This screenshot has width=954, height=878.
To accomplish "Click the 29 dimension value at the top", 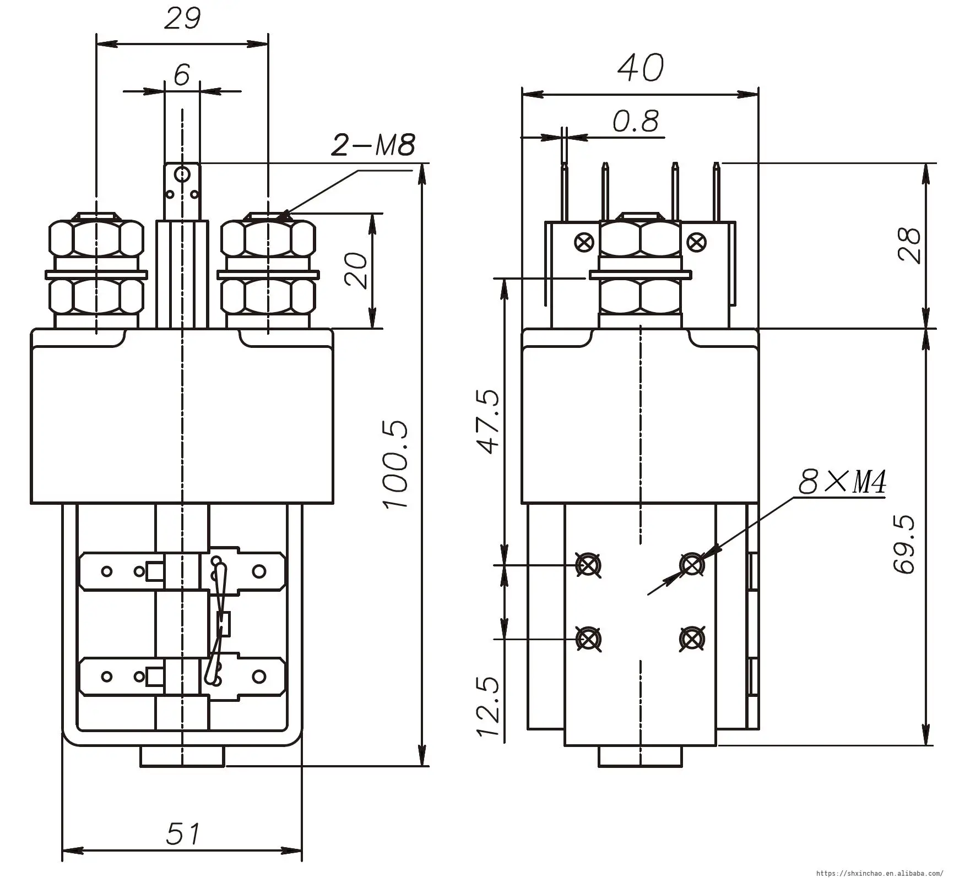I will click(183, 19).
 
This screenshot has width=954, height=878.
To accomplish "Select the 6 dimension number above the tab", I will click(182, 75).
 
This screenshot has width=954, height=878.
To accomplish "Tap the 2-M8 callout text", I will click(373, 145).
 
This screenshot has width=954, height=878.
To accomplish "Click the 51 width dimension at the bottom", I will click(183, 833).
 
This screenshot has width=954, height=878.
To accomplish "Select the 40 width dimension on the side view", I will click(640, 68).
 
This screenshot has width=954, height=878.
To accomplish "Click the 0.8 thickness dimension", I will click(636, 122).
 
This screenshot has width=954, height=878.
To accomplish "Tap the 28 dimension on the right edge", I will click(909, 246).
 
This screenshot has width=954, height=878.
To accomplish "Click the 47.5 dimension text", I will click(489, 422).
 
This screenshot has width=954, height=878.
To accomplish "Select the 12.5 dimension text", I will click(488, 708).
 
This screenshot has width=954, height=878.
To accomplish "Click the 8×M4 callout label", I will click(842, 483).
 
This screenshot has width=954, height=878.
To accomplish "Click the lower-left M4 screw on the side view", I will click(588, 639).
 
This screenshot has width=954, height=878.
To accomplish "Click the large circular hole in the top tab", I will click(182, 175).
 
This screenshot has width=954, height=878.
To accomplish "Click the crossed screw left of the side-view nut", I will click(584, 242).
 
